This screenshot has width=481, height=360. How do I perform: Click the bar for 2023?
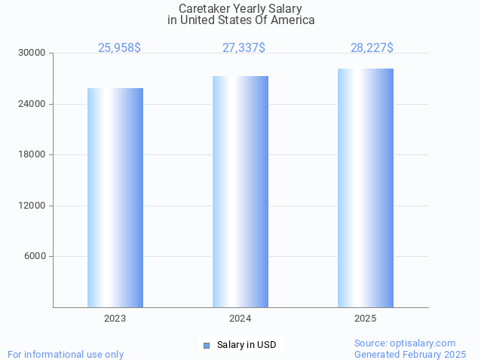115,197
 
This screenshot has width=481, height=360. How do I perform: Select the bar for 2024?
240,191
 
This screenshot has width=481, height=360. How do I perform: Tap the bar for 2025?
366,188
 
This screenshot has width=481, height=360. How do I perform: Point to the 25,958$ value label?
119,47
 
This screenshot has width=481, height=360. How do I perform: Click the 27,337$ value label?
244,47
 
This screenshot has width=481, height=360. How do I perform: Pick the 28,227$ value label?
372,47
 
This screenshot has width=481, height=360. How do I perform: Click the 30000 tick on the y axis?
32,53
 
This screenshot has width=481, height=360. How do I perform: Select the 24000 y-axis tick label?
32,104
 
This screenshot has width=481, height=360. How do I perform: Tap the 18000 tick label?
32,154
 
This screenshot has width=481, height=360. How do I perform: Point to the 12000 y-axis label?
32,206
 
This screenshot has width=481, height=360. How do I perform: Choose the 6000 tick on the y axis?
35,256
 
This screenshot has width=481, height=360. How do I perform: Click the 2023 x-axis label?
115,319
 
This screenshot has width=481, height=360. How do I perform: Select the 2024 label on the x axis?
240,319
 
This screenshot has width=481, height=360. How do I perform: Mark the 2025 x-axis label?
366,319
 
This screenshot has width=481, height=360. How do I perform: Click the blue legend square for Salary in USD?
206,345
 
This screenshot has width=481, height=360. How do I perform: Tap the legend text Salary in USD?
247,345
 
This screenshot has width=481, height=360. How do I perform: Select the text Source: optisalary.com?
405,343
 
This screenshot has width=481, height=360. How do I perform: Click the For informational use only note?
66,354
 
